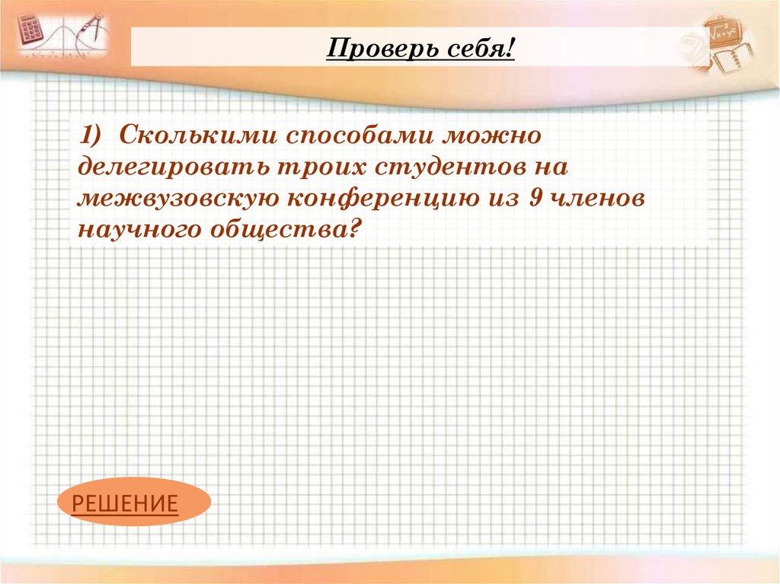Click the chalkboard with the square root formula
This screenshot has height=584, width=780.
coord(724,32)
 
